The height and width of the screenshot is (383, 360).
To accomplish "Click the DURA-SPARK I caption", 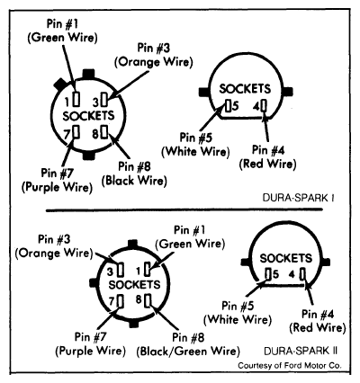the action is (x=299, y=198).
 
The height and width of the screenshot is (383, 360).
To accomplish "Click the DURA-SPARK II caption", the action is (x=301, y=351).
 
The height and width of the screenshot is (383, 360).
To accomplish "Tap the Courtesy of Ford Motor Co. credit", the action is (x=290, y=366).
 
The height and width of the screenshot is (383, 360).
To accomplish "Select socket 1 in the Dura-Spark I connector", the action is (x=76, y=99).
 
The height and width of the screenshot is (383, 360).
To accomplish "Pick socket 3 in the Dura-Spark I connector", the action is (x=104, y=99).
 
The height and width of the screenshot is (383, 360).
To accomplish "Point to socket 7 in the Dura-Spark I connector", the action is (x=76, y=132).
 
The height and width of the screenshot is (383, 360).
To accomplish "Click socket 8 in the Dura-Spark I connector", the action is (x=104, y=132).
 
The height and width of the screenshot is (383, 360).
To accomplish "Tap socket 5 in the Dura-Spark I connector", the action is (x=229, y=105).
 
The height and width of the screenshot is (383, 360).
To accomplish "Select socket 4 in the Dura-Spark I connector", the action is (x=264, y=105).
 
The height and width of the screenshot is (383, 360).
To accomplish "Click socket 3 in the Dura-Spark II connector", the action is (x=121, y=270).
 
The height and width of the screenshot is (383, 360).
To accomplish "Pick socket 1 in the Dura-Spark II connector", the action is (x=148, y=269).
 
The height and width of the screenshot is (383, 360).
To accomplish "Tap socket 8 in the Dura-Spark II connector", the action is (x=148, y=300).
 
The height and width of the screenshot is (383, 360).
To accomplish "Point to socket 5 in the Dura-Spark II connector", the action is (x=269, y=274).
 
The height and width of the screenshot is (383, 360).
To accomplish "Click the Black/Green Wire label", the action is (x=188, y=351).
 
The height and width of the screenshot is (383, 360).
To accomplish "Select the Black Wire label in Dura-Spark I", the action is (x=134, y=181).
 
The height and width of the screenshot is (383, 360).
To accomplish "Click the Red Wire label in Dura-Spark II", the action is (x=318, y=327).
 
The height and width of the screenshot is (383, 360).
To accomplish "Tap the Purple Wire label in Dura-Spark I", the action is (x=57, y=187).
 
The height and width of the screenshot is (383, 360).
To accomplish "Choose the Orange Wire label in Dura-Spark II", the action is (x=54, y=254).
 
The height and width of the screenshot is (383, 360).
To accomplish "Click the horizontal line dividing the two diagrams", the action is (x=184, y=210).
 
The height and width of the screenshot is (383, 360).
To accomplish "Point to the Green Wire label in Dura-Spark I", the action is (x=63, y=38).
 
